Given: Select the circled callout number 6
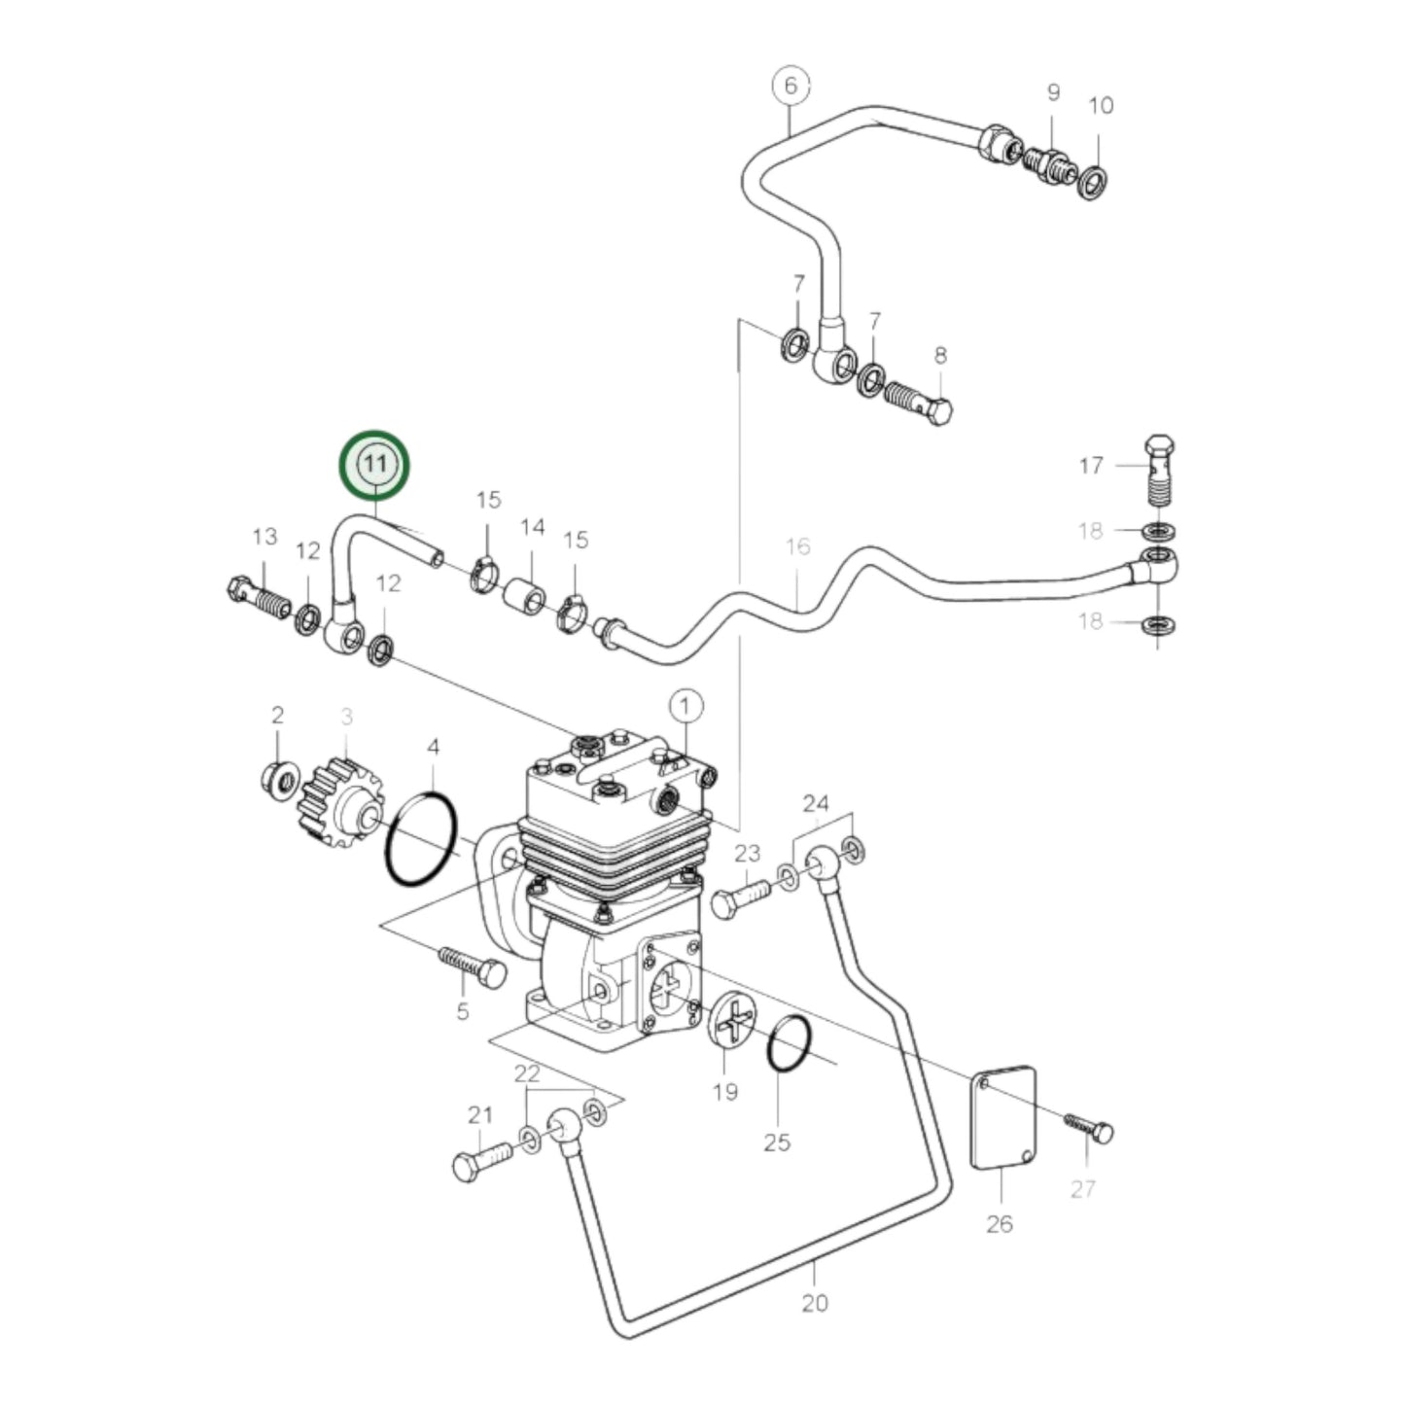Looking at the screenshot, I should pyautogui.click(x=790, y=86).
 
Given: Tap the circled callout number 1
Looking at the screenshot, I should pyautogui.click(x=685, y=704).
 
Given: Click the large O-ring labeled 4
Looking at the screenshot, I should pyautogui.click(x=421, y=838).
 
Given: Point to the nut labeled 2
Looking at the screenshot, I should pyautogui.click(x=279, y=779).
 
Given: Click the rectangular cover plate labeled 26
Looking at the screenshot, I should pyautogui.click(x=1003, y=1117).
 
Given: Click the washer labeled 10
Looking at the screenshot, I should pyautogui.click(x=1092, y=182).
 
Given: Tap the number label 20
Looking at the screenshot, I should pyautogui.click(x=815, y=1303).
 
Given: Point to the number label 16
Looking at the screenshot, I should pyautogui.click(x=797, y=546).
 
